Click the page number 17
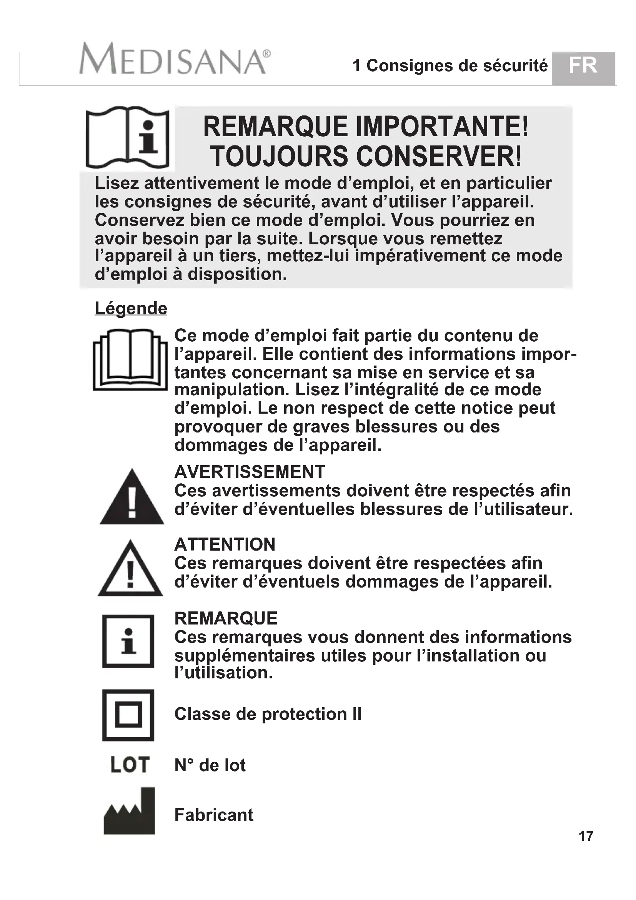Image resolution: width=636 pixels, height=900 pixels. click(x=586, y=836)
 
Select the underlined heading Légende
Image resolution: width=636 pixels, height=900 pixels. click(x=131, y=308)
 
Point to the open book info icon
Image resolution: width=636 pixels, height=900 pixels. click(x=127, y=137)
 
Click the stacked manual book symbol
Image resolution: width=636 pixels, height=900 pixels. click(x=130, y=359)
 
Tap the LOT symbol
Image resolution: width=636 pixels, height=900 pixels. click(x=130, y=765)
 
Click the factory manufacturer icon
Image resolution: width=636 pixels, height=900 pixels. click(x=129, y=812)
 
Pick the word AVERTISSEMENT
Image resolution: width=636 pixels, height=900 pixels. click(x=250, y=472)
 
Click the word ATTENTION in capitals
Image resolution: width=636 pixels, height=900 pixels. click(x=225, y=544)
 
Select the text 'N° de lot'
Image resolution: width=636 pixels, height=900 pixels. click(x=210, y=765)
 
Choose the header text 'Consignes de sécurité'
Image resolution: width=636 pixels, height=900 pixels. click(x=457, y=66)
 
